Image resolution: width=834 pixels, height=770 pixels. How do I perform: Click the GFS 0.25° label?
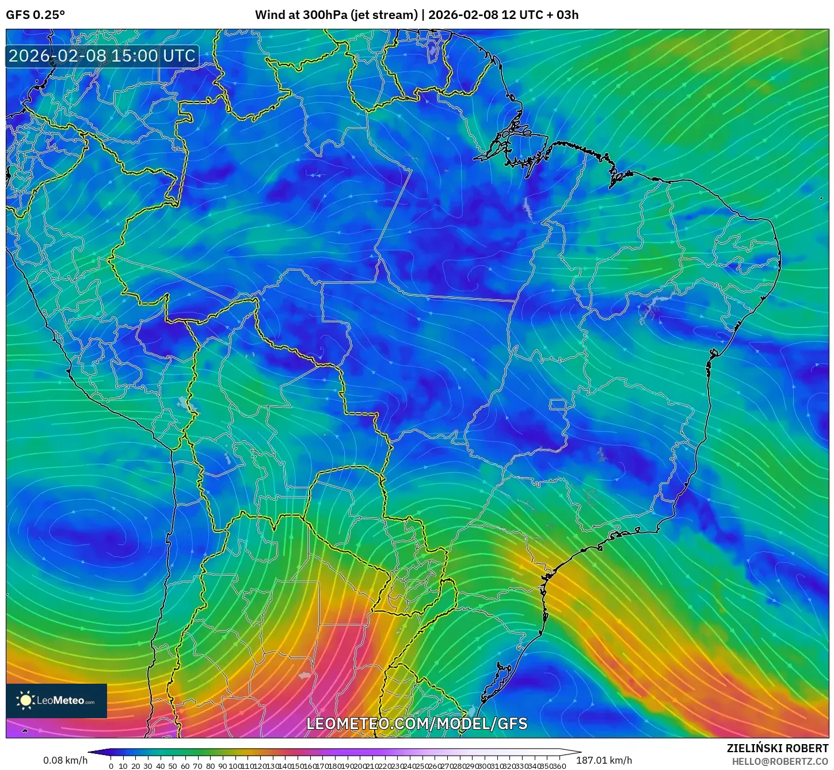pos(35,15)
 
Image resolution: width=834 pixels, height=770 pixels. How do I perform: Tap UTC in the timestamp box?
pos(179,56)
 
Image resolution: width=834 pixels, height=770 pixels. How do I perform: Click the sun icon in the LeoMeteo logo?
pos(25,700)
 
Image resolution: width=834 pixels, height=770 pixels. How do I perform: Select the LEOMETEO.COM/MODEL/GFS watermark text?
pos(417,723)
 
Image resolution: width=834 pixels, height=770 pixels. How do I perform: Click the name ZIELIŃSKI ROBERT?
pos(777,748)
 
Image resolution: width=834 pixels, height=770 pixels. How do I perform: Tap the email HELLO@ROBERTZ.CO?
pos(780,761)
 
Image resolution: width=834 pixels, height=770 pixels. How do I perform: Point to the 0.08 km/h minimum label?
pos(65,760)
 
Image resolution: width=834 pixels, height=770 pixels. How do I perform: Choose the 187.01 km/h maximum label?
pos(604,760)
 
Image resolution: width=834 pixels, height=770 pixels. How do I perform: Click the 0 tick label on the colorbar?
pos(111,766)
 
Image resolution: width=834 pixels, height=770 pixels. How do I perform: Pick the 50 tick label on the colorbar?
pos(173,766)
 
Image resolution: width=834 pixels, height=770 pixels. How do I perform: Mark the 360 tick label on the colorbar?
pos(559,766)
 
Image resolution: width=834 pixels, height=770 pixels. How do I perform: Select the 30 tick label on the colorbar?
pos(148,766)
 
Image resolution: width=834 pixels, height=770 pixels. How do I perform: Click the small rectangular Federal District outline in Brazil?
pos(558,405)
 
